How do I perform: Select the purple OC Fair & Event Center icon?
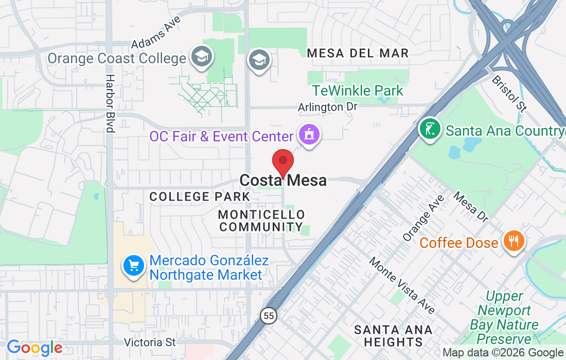[309, 135]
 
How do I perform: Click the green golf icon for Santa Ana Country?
[430, 129]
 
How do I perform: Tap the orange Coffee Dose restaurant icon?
[513, 241]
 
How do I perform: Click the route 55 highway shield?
[268, 316]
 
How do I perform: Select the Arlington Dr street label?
[327, 107]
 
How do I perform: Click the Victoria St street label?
[150, 342]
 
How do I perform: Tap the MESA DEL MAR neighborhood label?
[358, 53]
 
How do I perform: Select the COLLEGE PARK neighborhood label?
[200, 196]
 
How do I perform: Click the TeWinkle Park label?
[358, 91]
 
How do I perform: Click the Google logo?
[34, 348]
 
